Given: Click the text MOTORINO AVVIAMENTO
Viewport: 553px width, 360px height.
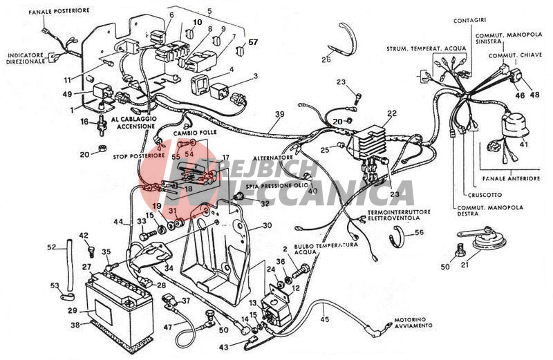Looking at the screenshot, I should click(x=415, y=321).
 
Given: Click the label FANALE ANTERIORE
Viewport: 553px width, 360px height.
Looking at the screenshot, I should click(x=513, y=178).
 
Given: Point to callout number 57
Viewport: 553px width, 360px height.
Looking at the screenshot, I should click(x=252, y=42).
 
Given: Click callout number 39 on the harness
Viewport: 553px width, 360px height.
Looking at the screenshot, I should click(x=279, y=113).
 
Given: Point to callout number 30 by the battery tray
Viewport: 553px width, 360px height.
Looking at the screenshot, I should click(x=267, y=225).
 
